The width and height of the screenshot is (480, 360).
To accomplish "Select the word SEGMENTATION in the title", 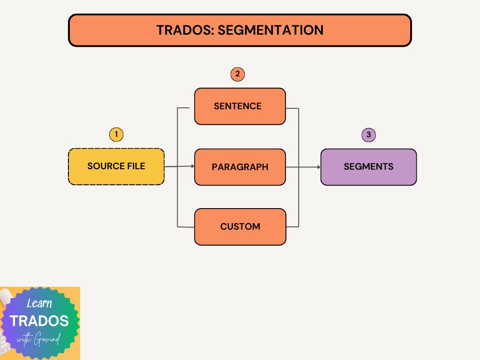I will click(x=271, y=30).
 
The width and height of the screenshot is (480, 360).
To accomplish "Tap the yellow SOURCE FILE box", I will click(x=116, y=166).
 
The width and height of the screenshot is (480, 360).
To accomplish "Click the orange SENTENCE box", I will click(x=240, y=106).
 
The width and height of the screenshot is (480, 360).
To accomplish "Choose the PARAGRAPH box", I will click(x=240, y=167).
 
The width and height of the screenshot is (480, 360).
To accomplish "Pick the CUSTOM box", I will click(x=240, y=227).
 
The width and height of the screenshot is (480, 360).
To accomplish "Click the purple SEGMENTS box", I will click(x=368, y=167).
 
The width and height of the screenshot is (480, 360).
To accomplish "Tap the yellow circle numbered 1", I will click(x=116, y=135).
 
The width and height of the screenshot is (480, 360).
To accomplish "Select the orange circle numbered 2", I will click(x=238, y=74).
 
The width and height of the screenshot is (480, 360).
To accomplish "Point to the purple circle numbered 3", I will click(x=369, y=135).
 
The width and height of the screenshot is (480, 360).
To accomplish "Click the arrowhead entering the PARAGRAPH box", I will click(x=192, y=166).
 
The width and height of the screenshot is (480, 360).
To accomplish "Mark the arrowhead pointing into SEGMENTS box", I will click(x=319, y=167).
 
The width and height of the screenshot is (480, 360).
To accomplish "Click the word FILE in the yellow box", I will click(x=135, y=166).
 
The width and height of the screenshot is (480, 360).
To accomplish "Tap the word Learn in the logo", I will click(x=39, y=304).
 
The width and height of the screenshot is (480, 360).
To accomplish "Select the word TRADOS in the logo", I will click(x=39, y=321).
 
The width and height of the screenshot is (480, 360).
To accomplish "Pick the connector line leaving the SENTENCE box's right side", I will click(x=292, y=109).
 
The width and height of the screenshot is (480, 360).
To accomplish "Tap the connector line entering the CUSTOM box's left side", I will click(x=186, y=227).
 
